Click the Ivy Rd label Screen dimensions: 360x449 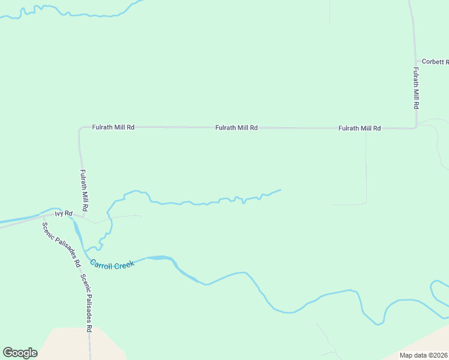click(x=64, y=214)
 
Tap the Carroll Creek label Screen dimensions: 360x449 click(x=112, y=264)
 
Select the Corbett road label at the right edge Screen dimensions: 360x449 click(x=435, y=62)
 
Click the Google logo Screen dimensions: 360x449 click(x=20, y=353)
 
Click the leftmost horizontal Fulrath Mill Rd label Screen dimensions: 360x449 click(x=113, y=127)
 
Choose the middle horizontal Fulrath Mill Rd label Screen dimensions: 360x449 click(x=237, y=128)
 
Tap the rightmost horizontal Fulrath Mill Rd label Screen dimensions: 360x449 click(x=360, y=128)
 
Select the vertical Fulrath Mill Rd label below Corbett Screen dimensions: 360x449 click(x=415, y=88)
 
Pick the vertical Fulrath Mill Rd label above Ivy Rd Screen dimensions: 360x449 click(x=84, y=190)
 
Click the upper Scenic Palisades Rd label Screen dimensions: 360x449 click(x=61, y=245)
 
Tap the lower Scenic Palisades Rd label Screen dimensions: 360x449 click(x=86, y=303)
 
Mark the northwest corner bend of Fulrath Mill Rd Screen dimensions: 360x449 click(x=80, y=129)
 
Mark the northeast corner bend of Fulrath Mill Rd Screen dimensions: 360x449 click(x=415, y=127)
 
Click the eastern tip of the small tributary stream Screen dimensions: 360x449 click(x=280, y=190)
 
